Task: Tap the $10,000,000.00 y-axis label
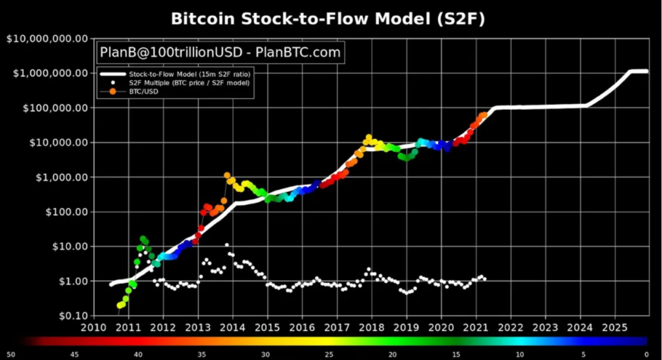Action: pos(46,39)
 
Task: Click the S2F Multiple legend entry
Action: pos(187,83)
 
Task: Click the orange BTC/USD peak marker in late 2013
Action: pos(227,175)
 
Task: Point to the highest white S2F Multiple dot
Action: pos(227,245)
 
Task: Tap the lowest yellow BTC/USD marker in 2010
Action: pos(120,305)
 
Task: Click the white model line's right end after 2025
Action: pos(646,71)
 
